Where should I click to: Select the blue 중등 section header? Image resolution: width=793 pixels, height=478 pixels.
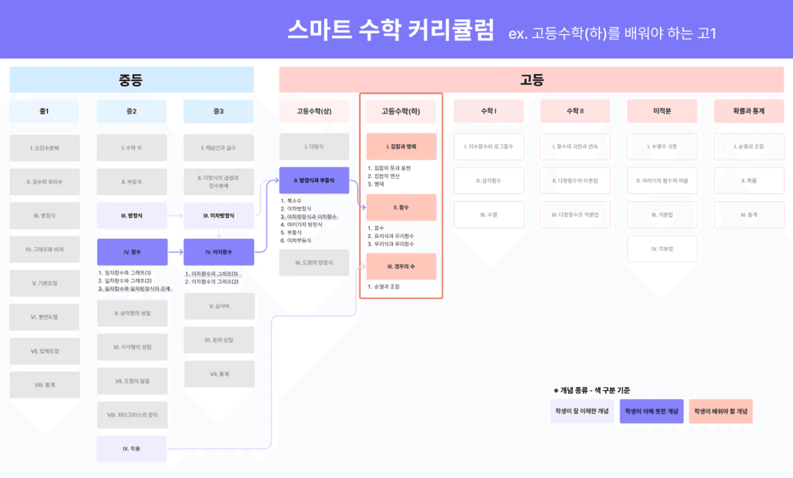(x=131, y=80)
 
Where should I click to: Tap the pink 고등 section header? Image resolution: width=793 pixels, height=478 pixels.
(x=531, y=80)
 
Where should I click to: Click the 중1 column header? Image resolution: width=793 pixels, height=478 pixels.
(x=44, y=111)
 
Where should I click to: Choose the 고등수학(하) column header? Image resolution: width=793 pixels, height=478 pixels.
(x=401, y=111)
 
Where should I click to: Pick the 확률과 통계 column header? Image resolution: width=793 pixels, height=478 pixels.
(x=748, y=111)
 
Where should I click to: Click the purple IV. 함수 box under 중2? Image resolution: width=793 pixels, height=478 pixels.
(x=132, y=252)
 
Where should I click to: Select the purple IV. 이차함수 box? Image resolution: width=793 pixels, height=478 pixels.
(x=219, y=252)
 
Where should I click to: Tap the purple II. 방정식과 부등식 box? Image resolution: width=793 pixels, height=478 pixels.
(x=314, y=180)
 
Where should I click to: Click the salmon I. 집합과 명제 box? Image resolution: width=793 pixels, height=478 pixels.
(x=401, y=147)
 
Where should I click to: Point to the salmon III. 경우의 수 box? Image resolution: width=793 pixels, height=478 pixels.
(x=401, y=266)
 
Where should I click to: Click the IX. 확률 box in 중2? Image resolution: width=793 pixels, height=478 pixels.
(x=132, y=449)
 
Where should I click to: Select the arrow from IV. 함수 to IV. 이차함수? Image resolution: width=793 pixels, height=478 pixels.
(x=175, y=252)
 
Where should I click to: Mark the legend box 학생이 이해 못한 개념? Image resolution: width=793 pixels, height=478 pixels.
(x=651, y=411)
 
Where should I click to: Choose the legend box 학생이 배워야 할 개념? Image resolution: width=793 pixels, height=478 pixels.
(x=721, y=411)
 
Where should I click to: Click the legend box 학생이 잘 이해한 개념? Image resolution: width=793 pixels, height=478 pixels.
(x=582, y=411)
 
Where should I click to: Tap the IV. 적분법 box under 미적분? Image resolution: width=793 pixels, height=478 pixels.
(x=662, y=249)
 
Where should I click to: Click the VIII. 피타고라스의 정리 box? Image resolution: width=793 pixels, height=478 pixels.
(x=132, y=415)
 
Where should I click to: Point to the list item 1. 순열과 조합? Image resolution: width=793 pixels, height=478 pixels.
(x=384, y=287)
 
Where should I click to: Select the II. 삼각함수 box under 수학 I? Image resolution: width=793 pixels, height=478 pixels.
(x=489, y=181)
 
